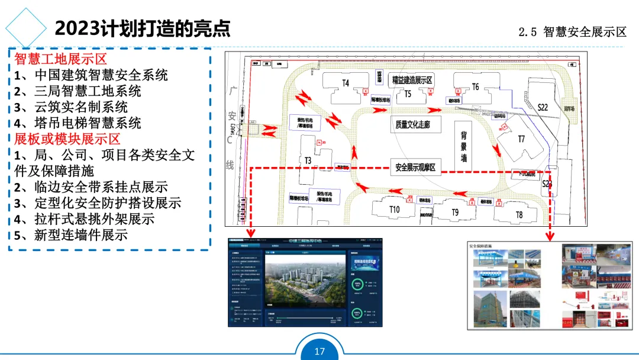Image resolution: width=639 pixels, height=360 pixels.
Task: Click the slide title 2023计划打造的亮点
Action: [x=142, y=28]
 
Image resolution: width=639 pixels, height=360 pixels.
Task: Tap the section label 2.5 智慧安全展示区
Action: [x=572, y=32]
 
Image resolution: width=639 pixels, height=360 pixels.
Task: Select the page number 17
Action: [x=319, y=352]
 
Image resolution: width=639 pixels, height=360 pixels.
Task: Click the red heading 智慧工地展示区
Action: [x=60, y=59]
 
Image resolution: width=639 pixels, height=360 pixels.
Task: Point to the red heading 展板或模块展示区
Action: [x=67, y=139]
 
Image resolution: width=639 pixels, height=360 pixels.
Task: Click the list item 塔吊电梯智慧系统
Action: [x=87, y=123]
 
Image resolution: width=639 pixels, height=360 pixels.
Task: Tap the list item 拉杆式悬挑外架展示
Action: [x=94, y=218]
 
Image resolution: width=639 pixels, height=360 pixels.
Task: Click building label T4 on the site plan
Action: [x=346, y=83]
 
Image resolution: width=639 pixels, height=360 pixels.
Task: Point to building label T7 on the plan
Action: [x=521, y=139]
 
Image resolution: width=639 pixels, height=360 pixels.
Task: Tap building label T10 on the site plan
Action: [x=395, y=210]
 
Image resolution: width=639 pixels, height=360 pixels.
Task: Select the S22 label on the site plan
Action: [x=543, y=107]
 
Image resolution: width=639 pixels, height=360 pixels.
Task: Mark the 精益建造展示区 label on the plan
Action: [x=412, y=80]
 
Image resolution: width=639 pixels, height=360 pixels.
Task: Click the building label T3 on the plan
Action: [x=308, y=160]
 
